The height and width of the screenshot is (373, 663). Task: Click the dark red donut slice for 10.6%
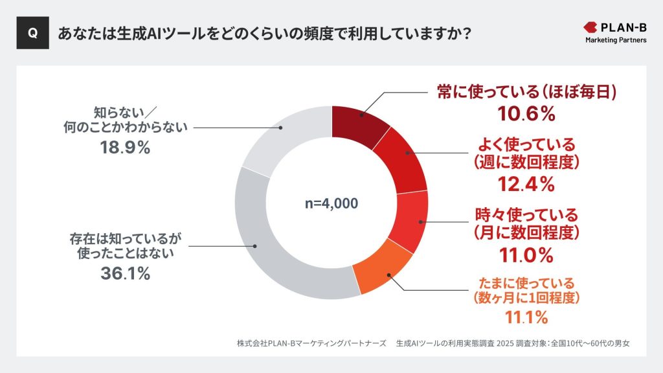(359, 122)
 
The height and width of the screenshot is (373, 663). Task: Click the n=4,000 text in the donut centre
(331, 203)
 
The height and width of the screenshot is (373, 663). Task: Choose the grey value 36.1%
(126, 273)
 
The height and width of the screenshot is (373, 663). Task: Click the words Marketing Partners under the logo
(615, 41)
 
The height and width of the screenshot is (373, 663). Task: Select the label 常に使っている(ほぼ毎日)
(526, 93)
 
